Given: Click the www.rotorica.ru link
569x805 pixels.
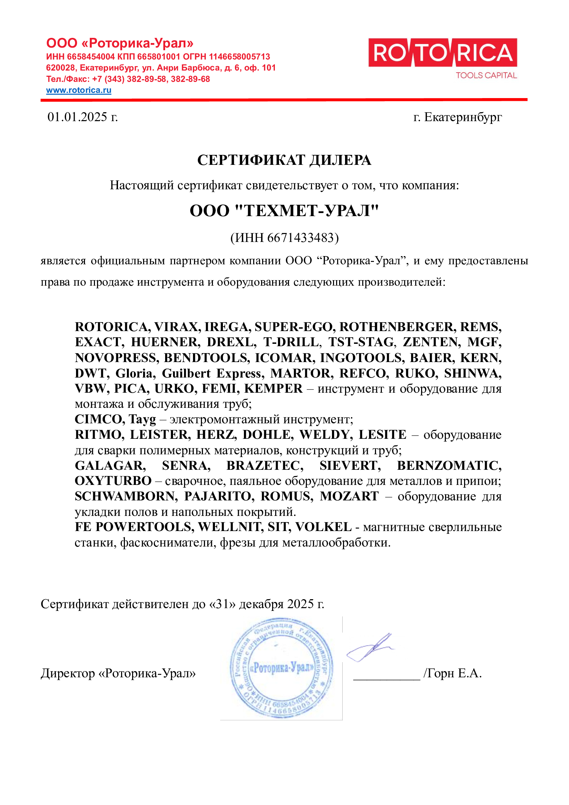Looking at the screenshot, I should (78, 90).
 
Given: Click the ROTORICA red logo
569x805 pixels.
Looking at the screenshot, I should (442, 53).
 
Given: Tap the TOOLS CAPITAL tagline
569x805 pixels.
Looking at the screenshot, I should (486, 75).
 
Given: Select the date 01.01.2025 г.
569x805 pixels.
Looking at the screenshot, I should (82, 117).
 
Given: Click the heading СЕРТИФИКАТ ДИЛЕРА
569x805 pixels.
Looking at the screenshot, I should (284, 160).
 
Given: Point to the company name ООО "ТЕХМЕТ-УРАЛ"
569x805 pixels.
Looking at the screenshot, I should (284, 211).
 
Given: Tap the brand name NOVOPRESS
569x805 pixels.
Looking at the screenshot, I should (117, 358).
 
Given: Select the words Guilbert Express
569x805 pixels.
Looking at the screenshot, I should (213, 373).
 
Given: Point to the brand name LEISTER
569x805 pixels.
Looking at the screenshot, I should (160, 435).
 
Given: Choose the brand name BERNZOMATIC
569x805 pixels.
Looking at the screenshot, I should (449, 466).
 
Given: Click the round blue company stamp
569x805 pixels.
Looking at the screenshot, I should (281, 668).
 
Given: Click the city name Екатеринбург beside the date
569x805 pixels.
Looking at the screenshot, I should (463, 117).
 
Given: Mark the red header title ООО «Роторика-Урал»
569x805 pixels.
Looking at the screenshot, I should (120, 43).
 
